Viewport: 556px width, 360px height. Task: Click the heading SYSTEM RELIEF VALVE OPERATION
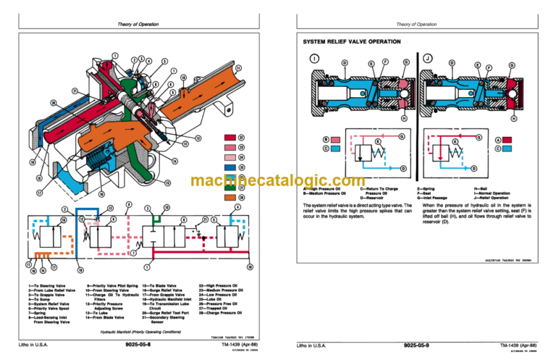tap(351, 42)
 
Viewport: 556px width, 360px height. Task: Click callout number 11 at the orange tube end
tap(238, 68)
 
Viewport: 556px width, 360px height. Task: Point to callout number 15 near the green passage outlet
tap(167, 208)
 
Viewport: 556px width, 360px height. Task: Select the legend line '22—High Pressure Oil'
tap(217, 285)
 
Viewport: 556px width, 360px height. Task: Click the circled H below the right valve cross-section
tap(513, 118)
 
